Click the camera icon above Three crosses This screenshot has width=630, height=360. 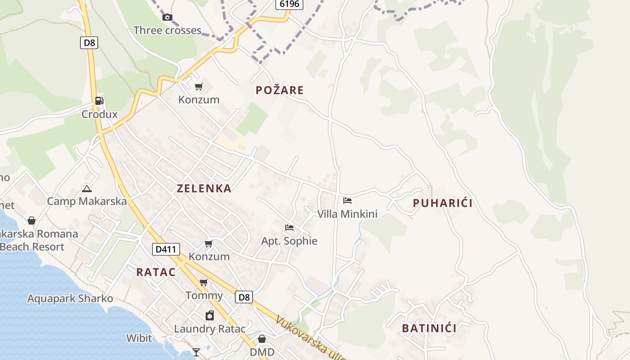coord(167,18)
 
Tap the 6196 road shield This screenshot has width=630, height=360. coord(289,4)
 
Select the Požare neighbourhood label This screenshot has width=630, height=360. coord(279,90)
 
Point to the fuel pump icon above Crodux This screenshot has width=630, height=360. coord(99,101)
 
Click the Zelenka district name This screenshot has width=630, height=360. coord(204,189)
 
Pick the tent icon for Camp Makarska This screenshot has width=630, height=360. coord(87,189)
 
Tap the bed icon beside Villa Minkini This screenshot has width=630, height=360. coord(347,201)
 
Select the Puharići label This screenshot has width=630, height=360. coord(443,203)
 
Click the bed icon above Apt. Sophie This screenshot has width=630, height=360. coord(289,228)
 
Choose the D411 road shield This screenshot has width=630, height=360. coord(166,249)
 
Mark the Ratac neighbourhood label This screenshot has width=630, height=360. coord(156,272)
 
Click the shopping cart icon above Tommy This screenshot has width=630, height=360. coord(204,282)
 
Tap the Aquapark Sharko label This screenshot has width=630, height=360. coord(70,299)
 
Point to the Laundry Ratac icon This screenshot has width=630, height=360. coord(210,315)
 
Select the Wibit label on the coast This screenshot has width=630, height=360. coord(139,338)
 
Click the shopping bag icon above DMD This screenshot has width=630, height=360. coord(262,338)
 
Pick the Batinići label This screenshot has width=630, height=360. coord(429,328)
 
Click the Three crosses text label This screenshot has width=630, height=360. coord(167,31)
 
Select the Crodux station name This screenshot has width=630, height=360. coord(99,114)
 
